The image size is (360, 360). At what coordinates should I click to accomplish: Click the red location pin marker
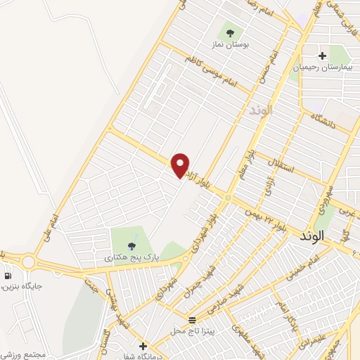point(181,165)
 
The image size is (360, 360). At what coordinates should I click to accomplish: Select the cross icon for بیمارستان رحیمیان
point(323,55)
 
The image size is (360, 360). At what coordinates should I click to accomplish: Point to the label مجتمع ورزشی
point(23,354)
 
